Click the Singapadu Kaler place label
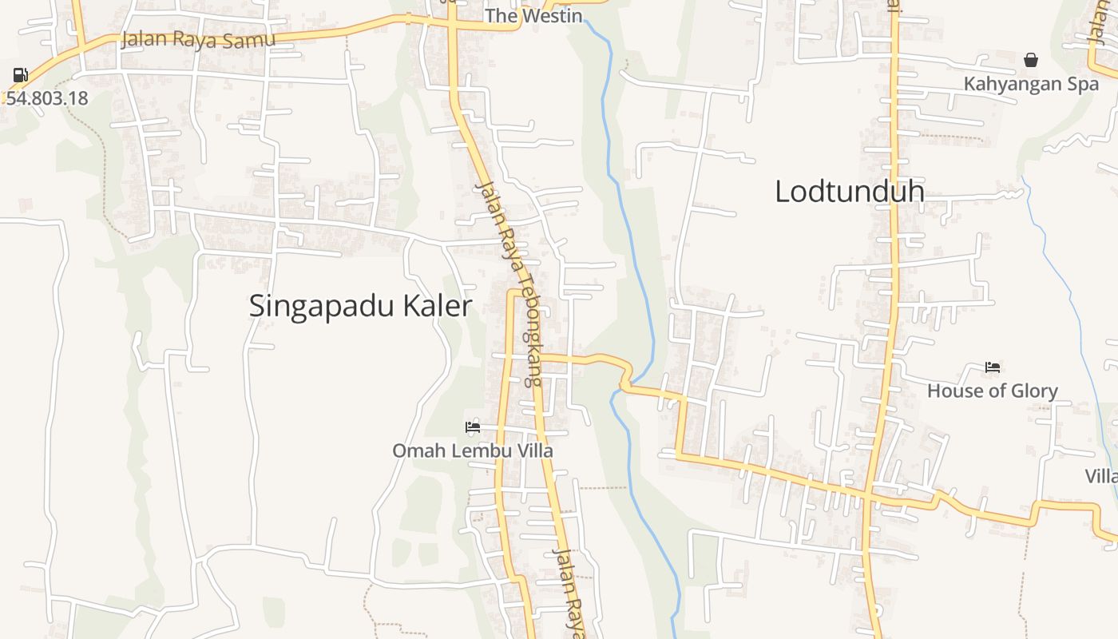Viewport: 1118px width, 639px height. tap(360, 306)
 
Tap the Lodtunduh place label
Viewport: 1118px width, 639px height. tap(850, 192)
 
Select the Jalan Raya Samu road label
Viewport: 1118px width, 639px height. tap(198, 39)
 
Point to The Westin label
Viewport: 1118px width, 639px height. tap(533, 15)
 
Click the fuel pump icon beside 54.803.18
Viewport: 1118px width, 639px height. tap(21, 76)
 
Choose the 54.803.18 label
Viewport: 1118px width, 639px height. tap(47, 98)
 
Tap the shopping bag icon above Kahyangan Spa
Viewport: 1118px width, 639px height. tap(1031, 60)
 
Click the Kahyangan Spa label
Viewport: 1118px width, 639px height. tap(1031, 84)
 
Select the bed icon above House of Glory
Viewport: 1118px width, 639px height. tap(993, 367)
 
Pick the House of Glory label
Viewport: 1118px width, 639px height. tap(992, 391)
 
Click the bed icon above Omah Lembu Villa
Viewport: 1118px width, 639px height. tap(473, 427)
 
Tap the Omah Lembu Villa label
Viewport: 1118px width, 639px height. tap(472, 450)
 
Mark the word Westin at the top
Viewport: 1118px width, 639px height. tap(552, 15)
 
